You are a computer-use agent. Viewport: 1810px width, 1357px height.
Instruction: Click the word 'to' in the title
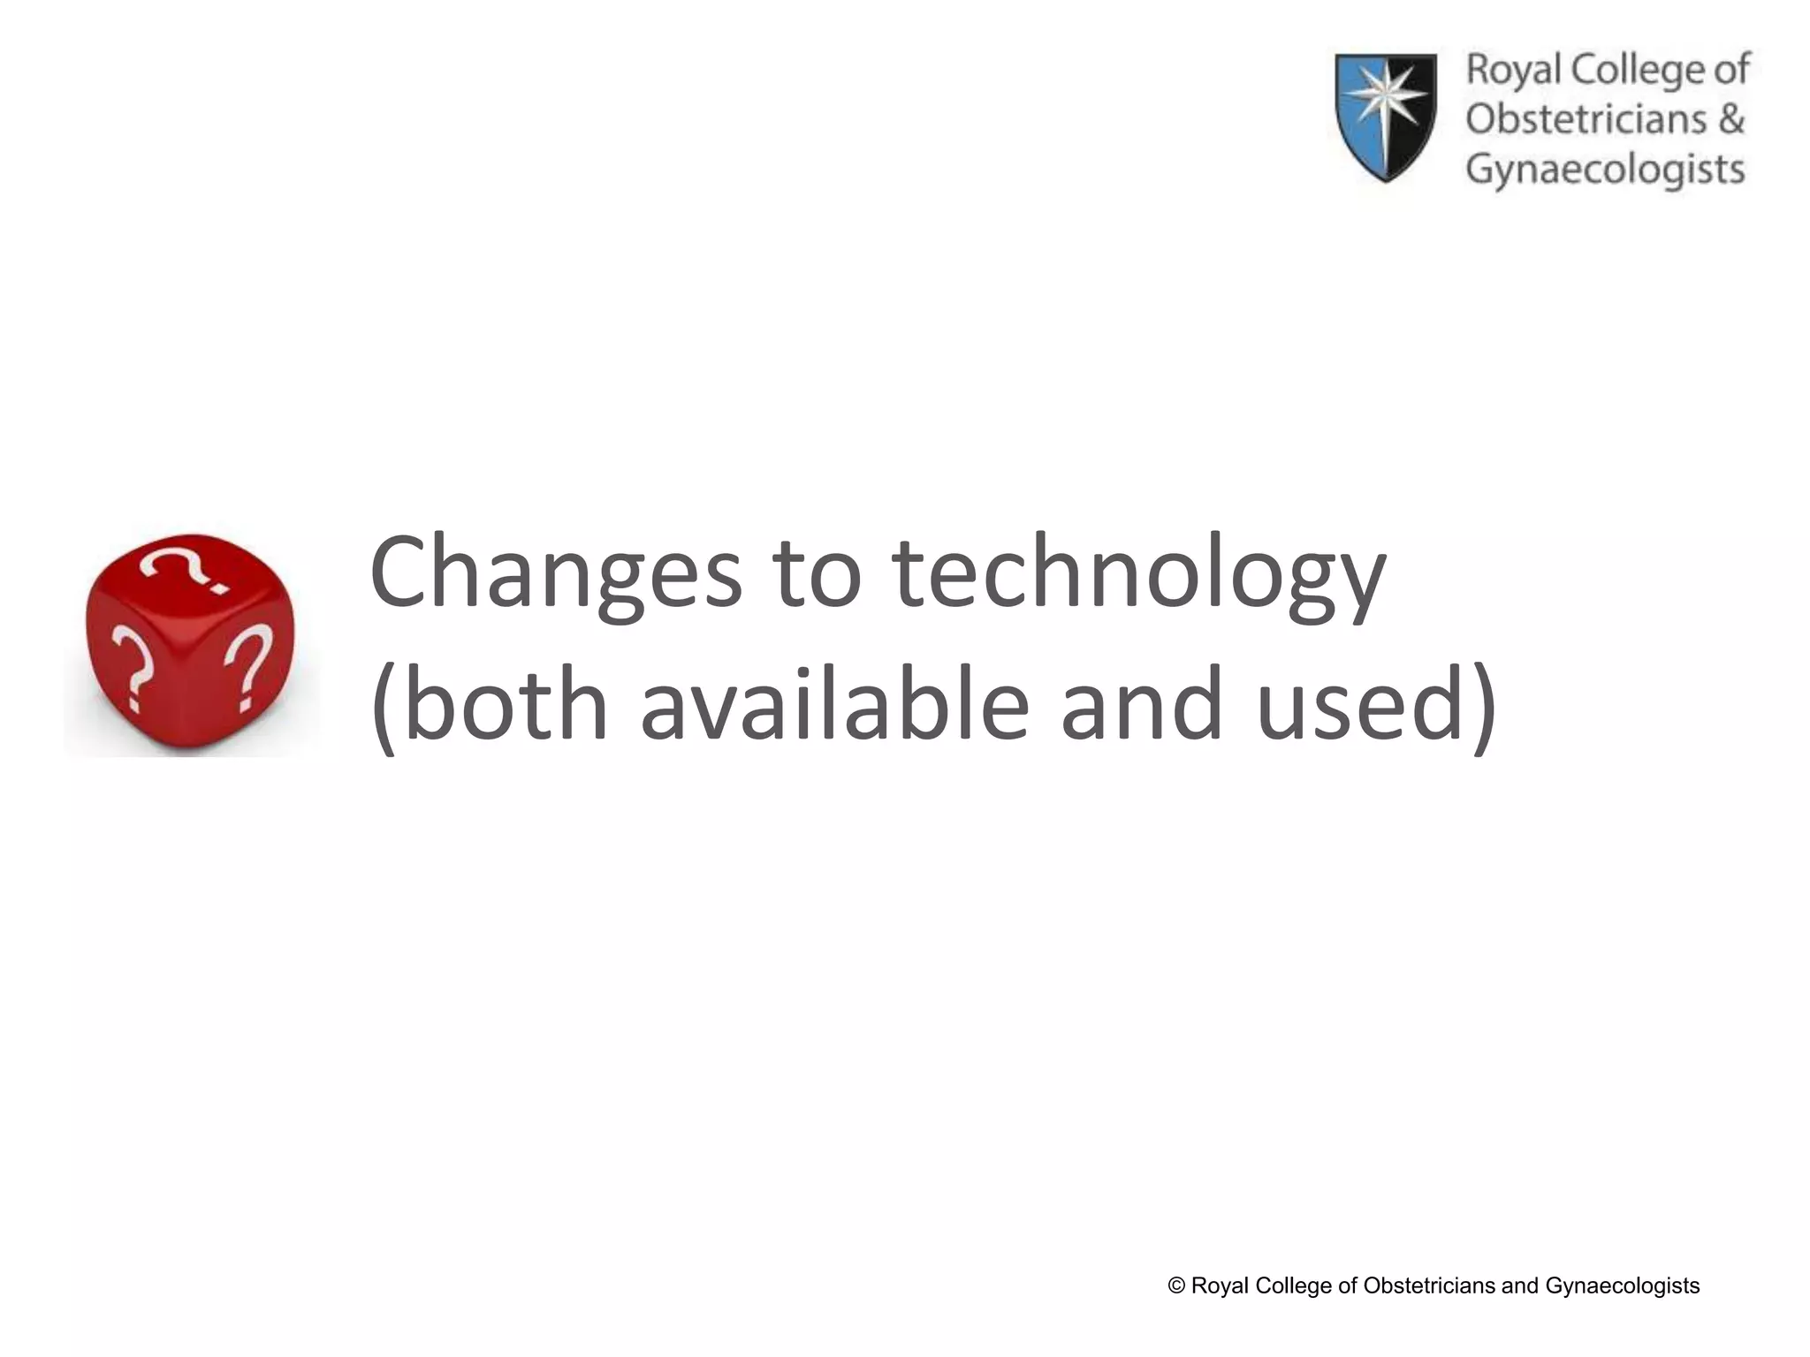(x=817, y=574)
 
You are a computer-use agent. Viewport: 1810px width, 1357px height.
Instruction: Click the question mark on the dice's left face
(x=131, y=668)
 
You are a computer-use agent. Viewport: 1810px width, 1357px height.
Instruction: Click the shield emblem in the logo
(x=1385, y=117)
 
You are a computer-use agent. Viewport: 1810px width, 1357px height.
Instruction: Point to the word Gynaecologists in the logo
(x=1605, y=170)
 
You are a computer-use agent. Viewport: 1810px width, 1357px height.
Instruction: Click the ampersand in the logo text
(x=1730, y=119)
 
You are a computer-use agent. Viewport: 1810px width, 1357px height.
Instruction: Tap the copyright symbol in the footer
(x=1176, y=1285)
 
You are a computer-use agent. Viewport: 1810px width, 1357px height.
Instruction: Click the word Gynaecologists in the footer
(x=1622, y=1286)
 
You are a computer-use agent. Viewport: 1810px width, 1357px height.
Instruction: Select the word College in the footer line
(x=1291, y=1286)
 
